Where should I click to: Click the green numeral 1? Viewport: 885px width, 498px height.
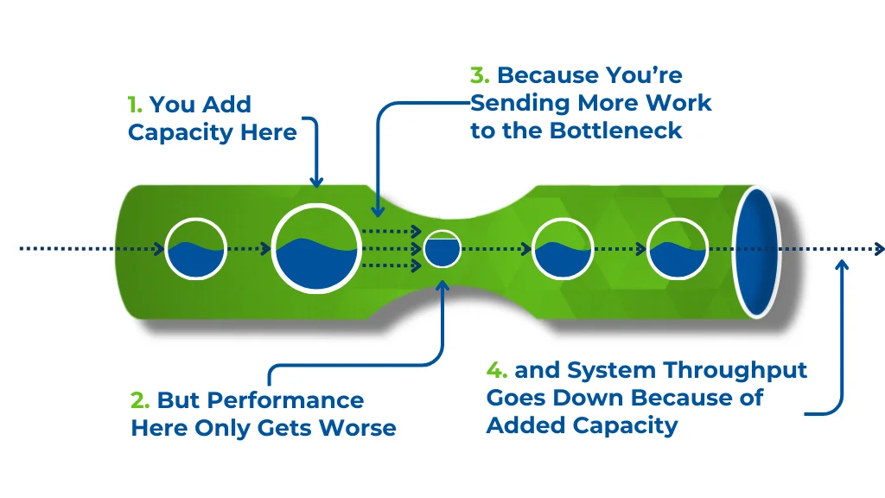click(134, 105)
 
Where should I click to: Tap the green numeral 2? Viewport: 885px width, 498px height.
click(139, 400)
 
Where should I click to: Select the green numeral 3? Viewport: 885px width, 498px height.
click(479, 75)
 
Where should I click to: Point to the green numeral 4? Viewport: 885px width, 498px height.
click(496, 370)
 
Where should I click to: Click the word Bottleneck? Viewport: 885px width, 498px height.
click(615, 131)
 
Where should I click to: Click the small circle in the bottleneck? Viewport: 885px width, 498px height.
click(442, 248)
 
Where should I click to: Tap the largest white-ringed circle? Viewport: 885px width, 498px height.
click(316, 248)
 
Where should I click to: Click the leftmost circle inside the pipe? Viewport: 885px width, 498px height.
click(195, 248)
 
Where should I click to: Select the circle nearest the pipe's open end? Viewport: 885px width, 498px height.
click(678, 248)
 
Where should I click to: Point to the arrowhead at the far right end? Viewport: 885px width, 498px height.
click(879, 248)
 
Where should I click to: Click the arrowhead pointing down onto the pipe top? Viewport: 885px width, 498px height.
click(316, 182)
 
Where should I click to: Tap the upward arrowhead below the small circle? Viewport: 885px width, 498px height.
click(442, 285)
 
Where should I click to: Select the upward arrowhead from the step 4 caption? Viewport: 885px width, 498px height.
click(842, 265)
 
